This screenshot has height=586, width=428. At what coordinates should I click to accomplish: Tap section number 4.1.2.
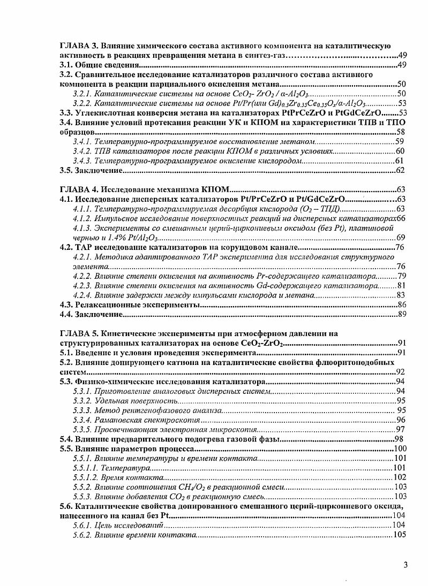coord(82,218)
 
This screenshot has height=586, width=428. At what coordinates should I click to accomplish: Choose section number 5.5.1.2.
coord(85,477)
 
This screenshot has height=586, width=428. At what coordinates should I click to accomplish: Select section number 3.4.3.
coord(82,161)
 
